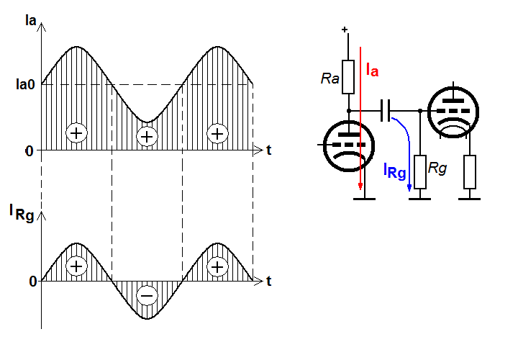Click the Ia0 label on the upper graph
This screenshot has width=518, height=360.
tap(25, 85)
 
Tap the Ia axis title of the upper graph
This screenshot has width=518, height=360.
tap(30, 20)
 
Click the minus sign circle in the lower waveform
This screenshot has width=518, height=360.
tap(147, 295)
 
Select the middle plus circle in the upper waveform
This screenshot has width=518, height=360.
tap(147, 136)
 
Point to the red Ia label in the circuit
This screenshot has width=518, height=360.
tap(373, 71)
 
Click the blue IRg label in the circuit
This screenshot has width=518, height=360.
tap(394, 171)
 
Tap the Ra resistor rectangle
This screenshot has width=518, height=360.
tap(348, 77)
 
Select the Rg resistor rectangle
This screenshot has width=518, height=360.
tap(420, 172)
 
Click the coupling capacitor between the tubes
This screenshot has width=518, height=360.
tap(385, 110)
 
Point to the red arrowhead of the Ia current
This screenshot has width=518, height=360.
tap(360, 186)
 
